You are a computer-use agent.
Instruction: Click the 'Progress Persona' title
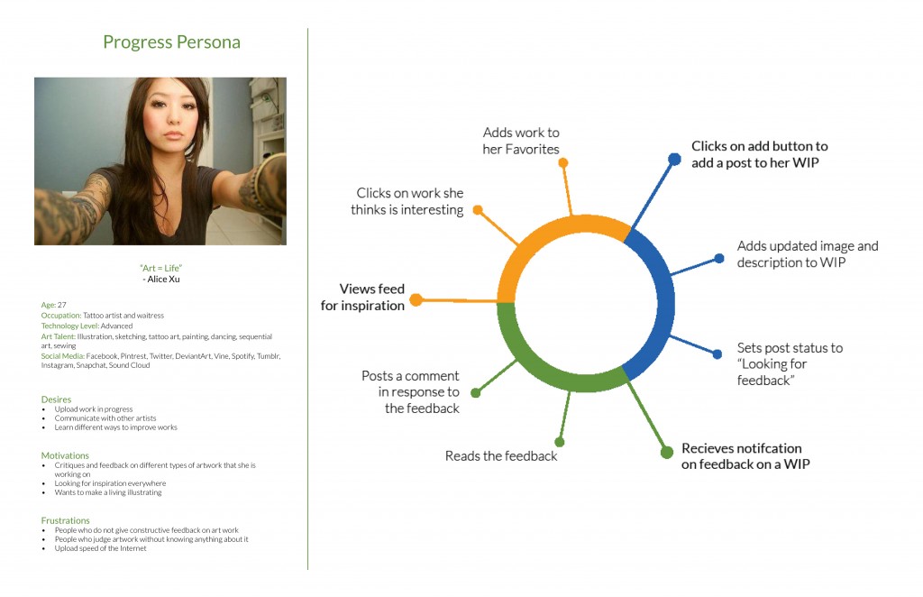coord(171,42)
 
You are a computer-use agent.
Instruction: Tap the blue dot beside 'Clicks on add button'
coord(674,159)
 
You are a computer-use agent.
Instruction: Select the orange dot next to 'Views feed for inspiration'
coord(416,299)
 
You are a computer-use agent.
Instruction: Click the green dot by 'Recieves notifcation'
coord(667,452)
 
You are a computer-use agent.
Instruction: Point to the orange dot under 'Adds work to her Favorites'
coord(563,162)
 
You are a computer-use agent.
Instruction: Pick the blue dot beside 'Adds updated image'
coord(719,258)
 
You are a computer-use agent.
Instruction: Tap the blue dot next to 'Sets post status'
coord(717,354)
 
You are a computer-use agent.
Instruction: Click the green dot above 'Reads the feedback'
coord(560,442)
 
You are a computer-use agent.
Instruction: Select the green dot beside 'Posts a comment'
coord(476,392)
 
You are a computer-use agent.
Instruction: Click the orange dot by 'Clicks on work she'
coord(478,209)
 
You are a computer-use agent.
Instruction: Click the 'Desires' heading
coord(56,400)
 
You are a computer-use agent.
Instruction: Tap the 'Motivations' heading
coord(65,455)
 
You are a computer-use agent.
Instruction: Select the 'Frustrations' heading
coord(65,520)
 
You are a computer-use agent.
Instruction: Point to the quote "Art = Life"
coord(160,268)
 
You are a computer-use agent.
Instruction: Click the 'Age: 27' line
coord(53,305)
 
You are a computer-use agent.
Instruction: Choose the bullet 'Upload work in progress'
coord(94,409)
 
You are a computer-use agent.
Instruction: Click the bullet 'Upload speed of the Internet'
coord(101,548)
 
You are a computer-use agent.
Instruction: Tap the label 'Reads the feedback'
coord(501,455)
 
